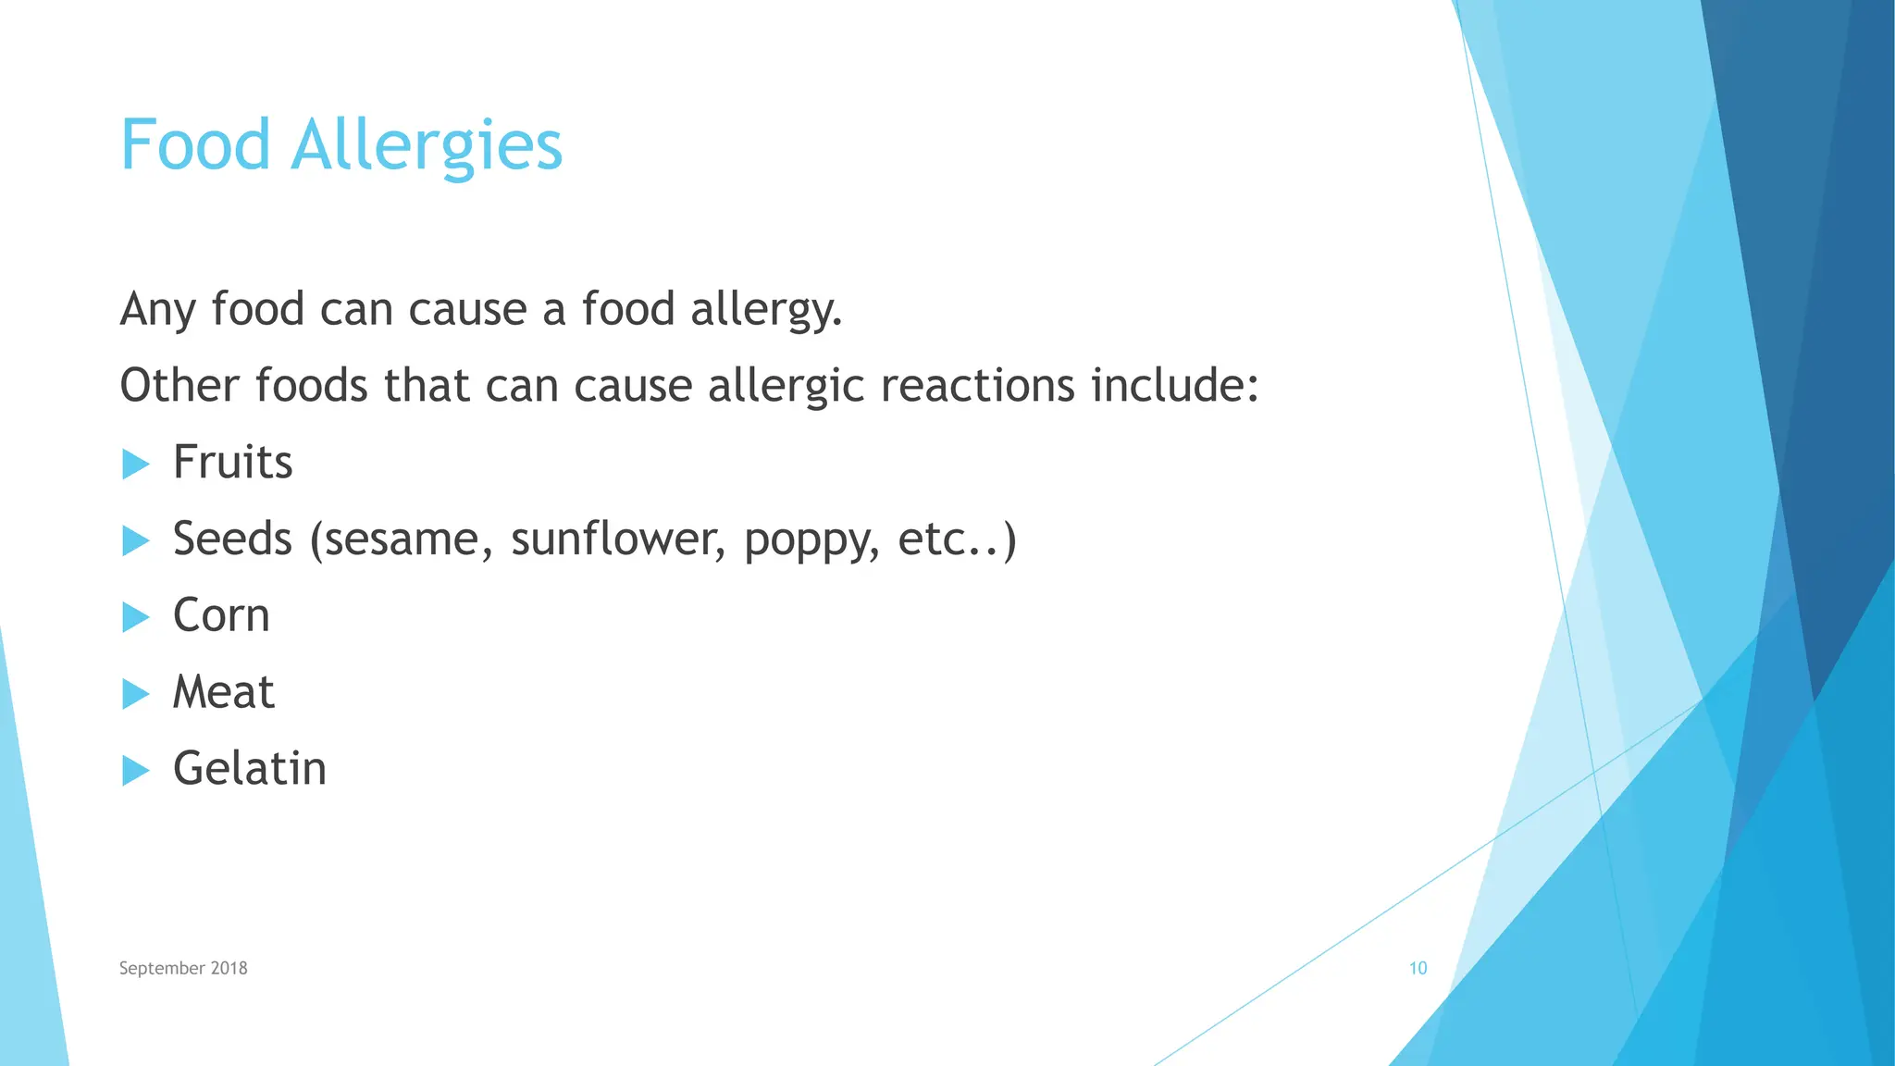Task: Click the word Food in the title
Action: (194, 145)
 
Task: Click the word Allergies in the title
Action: (426, 147)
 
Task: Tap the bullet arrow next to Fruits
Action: (135, 464)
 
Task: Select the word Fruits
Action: (232, 462)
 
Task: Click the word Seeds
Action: (232, 539)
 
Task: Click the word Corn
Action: (221, 615)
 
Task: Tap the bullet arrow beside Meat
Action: (135, 694)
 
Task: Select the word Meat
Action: (223, 692)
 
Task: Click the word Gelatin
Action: (250, 769)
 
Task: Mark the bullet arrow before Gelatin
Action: (135, 770)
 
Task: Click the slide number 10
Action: (1418, 968)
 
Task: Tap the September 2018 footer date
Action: (183, 968)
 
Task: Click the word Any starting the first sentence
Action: (158, 310)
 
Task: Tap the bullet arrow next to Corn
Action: (135, 617)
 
